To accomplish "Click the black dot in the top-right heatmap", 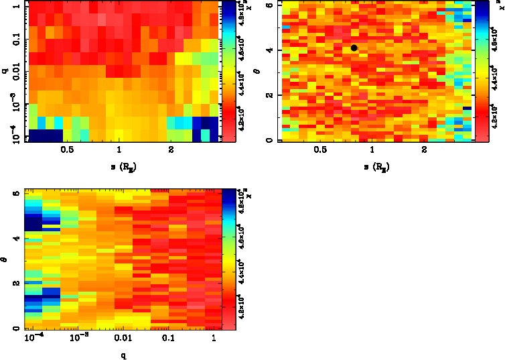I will (x=354, y=48).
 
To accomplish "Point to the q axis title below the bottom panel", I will (x=122, y=355).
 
